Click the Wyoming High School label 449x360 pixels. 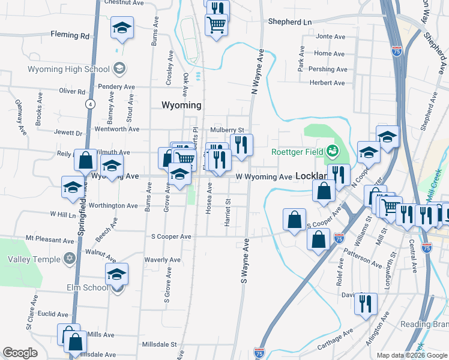pos(68,69)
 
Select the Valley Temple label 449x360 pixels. pos(34,259)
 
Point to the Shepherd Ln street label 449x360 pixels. pos(291,22)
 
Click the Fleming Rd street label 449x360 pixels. pos(70,35)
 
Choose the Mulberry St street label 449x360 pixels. pos(227,130)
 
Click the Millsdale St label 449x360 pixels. pos(159,344)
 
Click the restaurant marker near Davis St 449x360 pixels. pos(365,304)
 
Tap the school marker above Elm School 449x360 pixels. pos(116,274)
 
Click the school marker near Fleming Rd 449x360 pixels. pos(122,28)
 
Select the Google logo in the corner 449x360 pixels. pos(20,352)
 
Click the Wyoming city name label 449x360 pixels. pos(181,105)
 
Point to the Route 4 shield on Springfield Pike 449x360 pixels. pos(89,104)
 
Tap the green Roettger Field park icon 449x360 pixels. pos(332,151)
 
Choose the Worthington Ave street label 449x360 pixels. pos(113,206)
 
